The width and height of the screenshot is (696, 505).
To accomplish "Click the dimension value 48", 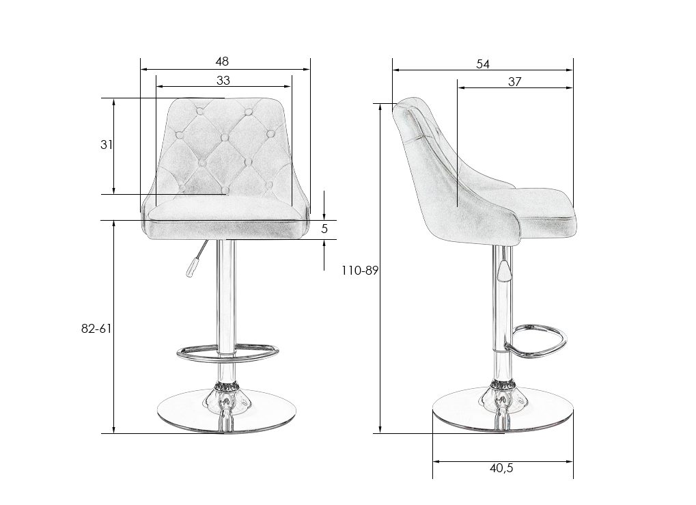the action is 222,62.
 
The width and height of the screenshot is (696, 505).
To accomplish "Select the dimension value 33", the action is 223,81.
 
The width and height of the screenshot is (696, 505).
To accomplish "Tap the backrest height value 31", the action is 106,144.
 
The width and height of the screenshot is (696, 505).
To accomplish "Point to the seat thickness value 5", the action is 324,228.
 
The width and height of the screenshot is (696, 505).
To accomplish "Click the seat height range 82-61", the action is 96,329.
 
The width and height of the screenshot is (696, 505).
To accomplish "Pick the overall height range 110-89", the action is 359,270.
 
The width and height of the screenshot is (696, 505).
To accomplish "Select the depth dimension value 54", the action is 482,64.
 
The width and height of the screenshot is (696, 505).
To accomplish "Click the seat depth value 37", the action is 514,82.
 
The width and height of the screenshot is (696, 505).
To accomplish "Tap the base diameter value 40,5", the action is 501,468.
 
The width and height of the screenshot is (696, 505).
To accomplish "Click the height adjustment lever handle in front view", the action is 191,268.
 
